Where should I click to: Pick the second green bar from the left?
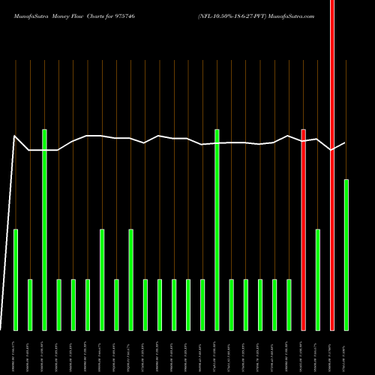coord(30,304)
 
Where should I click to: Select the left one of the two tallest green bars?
coord(44,229)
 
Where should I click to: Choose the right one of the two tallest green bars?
coord(217,229)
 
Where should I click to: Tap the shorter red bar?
coord(304,229)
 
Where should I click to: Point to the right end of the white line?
coord(345,143)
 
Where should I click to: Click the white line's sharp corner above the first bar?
coord(16,136)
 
